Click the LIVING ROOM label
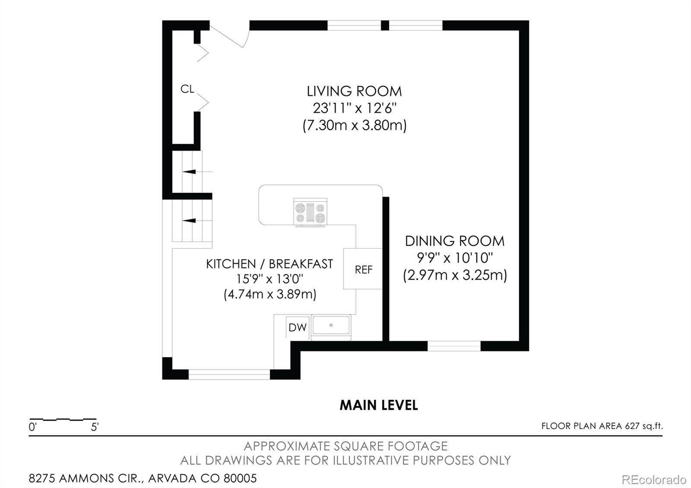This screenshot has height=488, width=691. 354,91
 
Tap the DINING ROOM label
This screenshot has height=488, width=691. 454,241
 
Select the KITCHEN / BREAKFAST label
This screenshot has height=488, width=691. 269,264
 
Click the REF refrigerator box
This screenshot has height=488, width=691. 363,269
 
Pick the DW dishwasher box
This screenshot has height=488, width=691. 297,327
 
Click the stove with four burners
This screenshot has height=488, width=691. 310,212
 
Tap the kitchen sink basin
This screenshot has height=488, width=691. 331,325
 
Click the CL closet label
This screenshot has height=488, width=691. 187,89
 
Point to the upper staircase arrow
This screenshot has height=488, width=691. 190,171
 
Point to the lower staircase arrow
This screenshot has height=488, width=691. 190,221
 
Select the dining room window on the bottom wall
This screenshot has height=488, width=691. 454,346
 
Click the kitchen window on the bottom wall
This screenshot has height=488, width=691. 229,374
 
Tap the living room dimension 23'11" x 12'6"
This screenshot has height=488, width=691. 354,108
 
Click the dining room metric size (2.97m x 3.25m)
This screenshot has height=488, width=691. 454,275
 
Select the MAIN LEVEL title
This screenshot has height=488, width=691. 378,405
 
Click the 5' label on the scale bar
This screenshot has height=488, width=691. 95,428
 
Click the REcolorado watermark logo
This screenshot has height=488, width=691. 653,479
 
